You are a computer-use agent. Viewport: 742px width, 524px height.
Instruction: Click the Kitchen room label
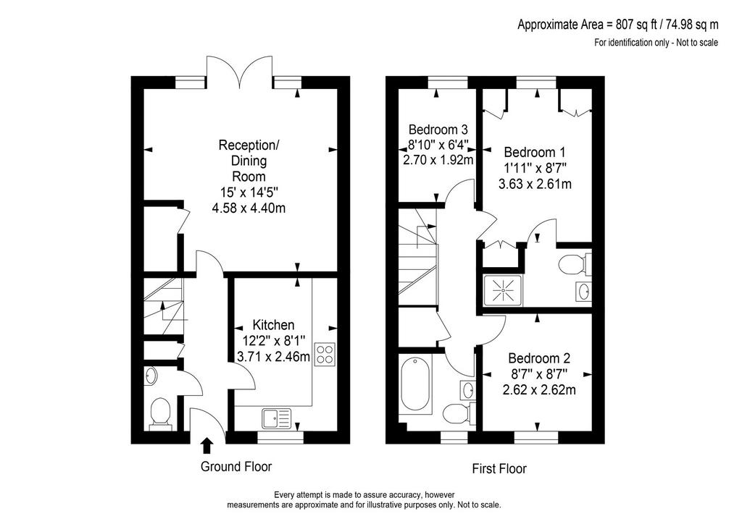coord(273,325)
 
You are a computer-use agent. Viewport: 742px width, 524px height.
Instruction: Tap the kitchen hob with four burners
coord(325,355)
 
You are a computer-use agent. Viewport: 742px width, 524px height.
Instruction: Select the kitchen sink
coord(276,418)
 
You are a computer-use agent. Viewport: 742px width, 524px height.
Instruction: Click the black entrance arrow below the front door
coord(207,446)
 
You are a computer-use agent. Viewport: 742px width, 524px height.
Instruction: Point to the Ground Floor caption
coord(236,467)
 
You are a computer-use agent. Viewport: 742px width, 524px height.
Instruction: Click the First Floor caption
coord(499,469)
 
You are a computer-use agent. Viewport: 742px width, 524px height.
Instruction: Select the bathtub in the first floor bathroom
coord(416,385)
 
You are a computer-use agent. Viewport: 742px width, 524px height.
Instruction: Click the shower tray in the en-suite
coord(502,290)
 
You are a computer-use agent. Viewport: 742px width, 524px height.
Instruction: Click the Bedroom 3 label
coord(438,129)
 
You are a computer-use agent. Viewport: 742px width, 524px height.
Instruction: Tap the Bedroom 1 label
coord(535,152)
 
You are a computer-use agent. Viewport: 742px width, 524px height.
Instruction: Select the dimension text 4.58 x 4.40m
coord(249,208)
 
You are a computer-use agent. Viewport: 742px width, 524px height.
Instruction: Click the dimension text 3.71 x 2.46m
coord(273,357)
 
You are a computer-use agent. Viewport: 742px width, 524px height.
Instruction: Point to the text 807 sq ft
coord(631,24)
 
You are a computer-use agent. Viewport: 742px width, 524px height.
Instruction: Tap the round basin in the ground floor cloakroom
coord(151,376)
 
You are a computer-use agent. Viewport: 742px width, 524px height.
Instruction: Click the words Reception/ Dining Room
coord(249,161)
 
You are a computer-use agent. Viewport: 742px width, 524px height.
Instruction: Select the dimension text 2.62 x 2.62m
coord(539,390)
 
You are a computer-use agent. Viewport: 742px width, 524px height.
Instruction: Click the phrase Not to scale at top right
coord(697,43)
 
